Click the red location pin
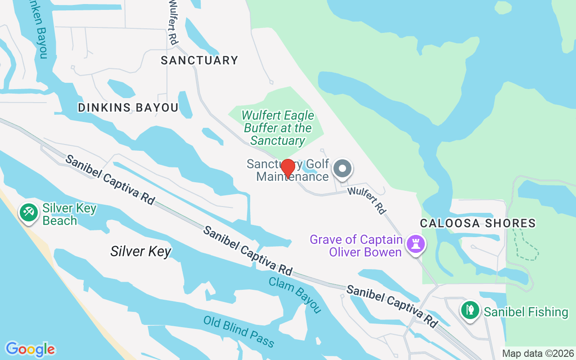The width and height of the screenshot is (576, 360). click(x=288, y=169)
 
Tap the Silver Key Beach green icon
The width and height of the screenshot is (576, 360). click(x=29, y=211)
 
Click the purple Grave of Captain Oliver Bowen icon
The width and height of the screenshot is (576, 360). click(x=415, y=244)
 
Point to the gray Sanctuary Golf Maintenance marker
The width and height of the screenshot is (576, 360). click(x=342, y=169)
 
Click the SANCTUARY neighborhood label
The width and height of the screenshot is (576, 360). click(x=199, y=60)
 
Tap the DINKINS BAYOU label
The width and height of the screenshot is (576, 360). click(x=128, y=108)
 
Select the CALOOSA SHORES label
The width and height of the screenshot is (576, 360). click(x=478, y=223)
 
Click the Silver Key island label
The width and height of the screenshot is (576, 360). click(x=141, y=251)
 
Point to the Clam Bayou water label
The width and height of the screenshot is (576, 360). click(x=295, y=295)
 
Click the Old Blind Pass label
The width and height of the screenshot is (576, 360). click(x=238, y=332)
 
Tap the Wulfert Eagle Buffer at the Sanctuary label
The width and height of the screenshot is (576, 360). click(x=278, y=128)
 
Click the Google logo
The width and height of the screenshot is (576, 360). click(x=30, y=349)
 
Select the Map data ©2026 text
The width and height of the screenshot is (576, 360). click(x=538, y=353)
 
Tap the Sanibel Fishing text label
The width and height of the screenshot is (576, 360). click(x=526, y=312)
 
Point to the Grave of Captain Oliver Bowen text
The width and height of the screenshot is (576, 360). click(x=357, y=245)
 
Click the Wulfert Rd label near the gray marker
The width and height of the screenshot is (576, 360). click(x=367, y=200)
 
